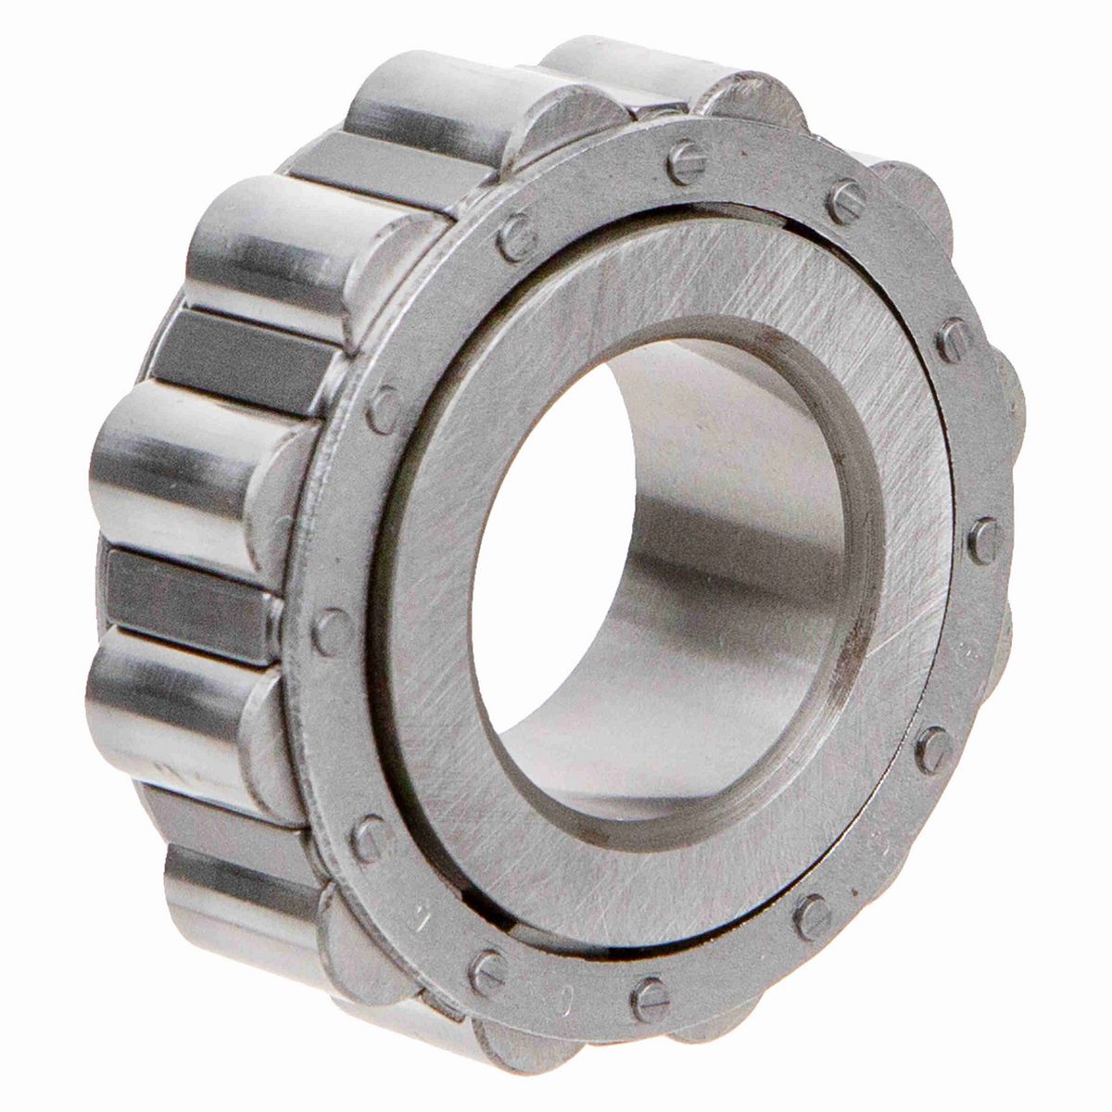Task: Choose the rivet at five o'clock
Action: tap(814, 915)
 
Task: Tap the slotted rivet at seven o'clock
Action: tap(486, 970)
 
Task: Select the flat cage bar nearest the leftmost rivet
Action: tap(185, 584)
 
